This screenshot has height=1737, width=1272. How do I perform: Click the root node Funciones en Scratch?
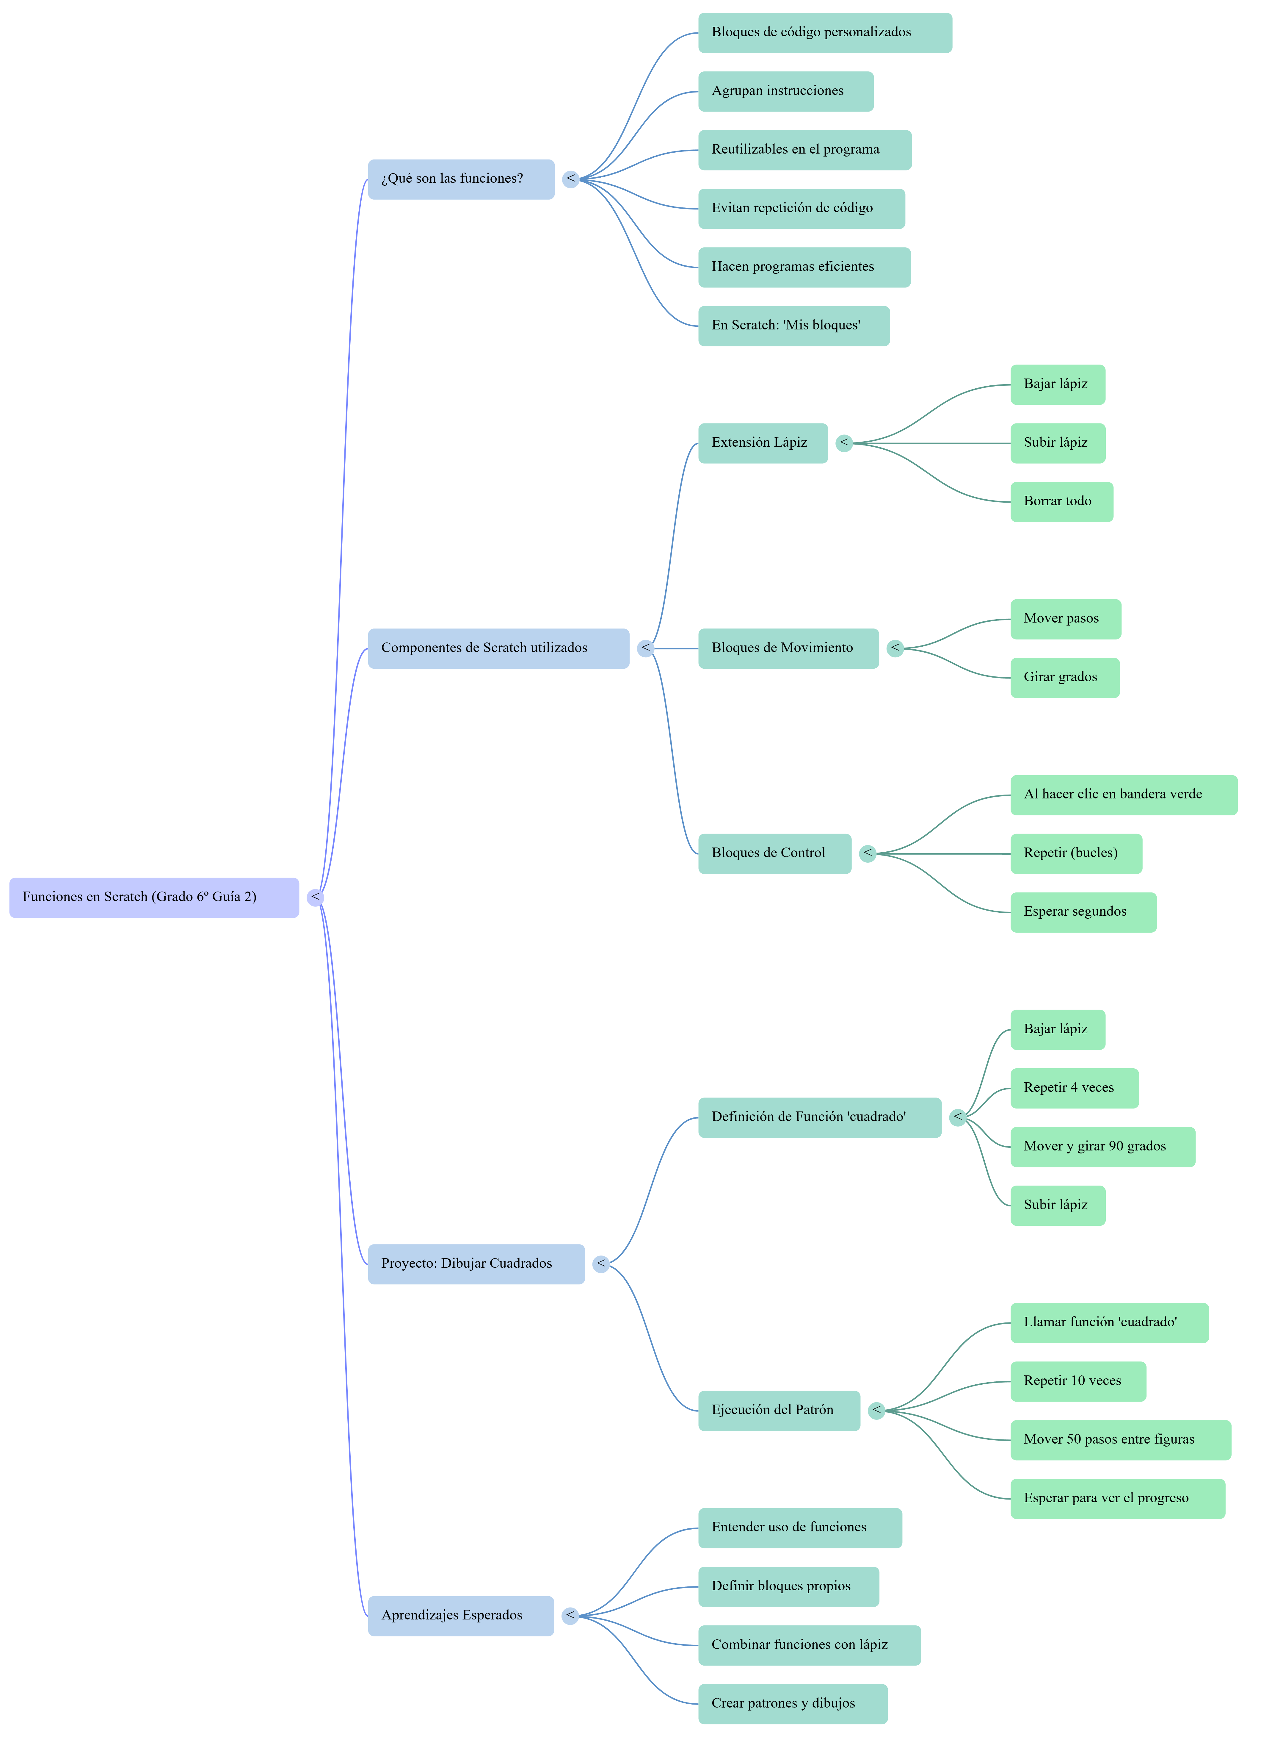point(154,898)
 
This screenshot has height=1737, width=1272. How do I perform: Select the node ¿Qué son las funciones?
point(460,179)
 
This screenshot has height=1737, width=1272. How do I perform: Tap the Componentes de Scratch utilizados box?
point(498,648)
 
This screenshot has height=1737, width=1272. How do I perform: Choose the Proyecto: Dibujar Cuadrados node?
point(476,1264)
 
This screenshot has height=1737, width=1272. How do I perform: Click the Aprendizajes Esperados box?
point(460,1616)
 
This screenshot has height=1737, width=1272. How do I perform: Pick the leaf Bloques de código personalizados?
point(825,33)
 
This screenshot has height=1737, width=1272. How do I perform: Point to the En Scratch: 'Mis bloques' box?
point(794,326)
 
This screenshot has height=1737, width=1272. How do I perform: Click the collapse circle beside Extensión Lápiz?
point(845,443)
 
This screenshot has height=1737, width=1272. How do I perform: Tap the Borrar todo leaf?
point(1061,501)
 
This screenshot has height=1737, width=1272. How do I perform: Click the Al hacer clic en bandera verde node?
point(1123,795)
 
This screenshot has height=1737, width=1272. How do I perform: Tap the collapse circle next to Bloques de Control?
point(868,853)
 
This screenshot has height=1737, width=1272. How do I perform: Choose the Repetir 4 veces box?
point(1074,1089)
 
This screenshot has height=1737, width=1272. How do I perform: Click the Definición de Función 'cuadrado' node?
point(819,1118)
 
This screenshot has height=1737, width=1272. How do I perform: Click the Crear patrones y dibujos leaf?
point(792,1704)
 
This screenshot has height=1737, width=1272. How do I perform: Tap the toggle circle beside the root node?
point(315,898)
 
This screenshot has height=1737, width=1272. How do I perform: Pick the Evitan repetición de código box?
point(802,209)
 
